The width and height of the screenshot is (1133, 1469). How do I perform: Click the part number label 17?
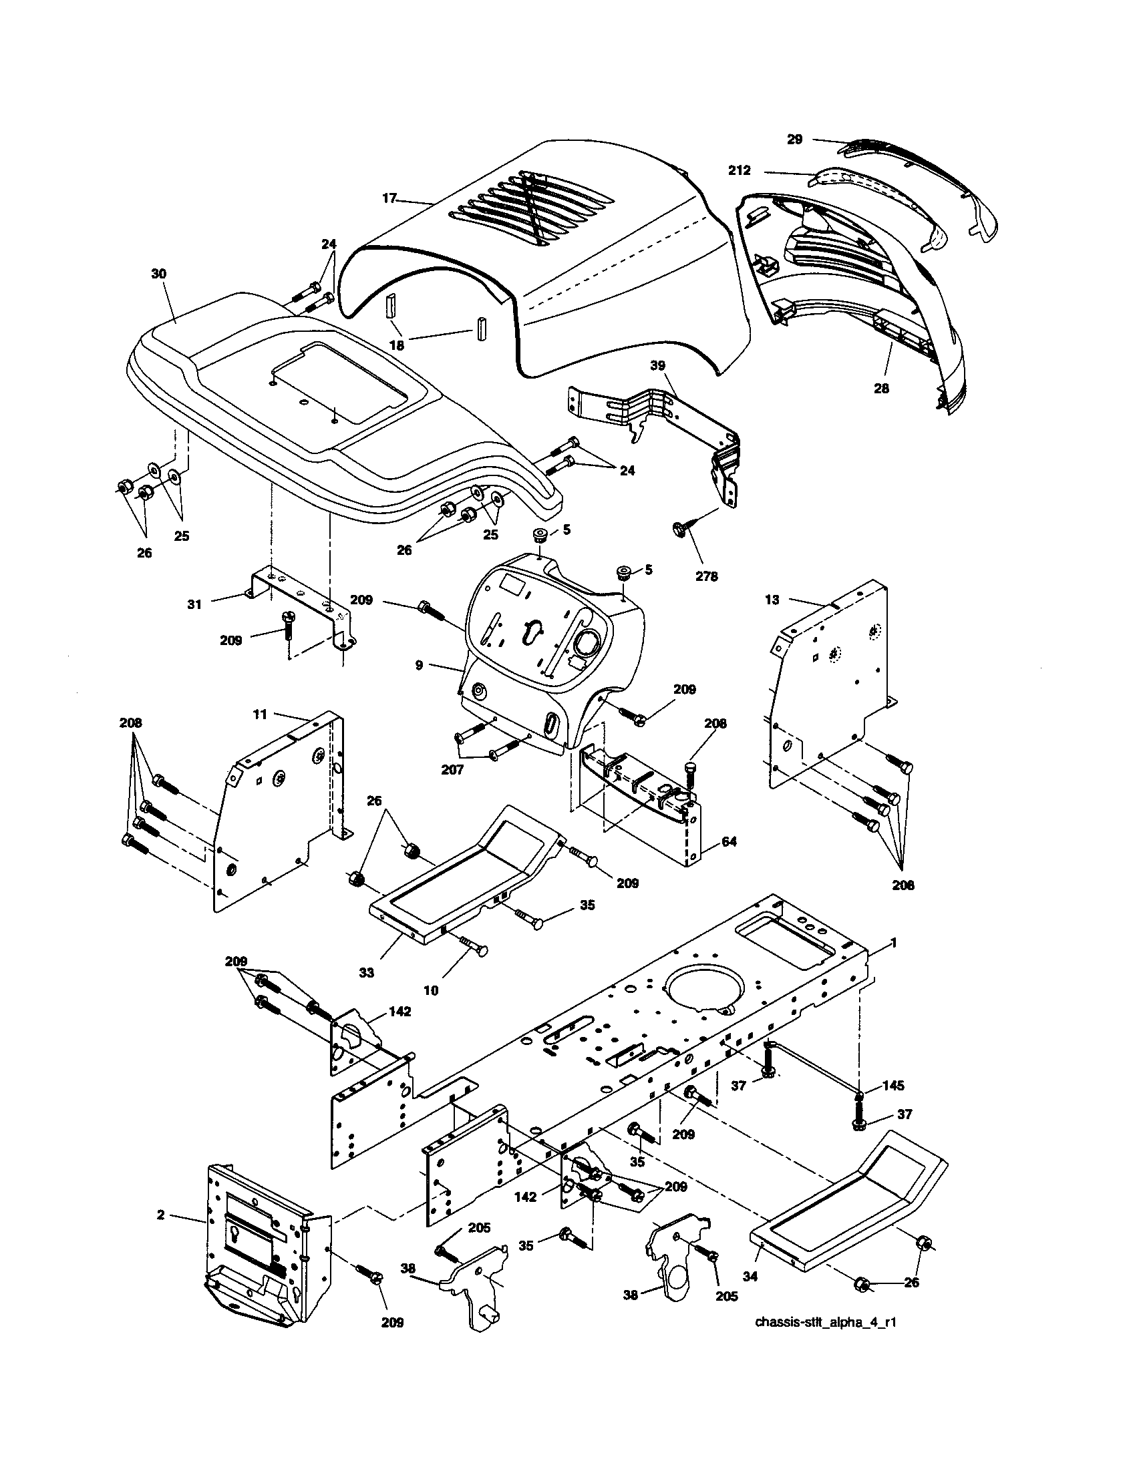389,198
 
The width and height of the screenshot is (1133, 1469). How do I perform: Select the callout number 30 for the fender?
160,274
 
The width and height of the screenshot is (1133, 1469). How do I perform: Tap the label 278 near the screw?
706,576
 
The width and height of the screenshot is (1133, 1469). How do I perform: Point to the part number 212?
739,171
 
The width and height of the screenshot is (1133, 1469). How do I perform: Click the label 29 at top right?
794,140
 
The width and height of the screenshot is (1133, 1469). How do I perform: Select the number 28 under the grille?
880,388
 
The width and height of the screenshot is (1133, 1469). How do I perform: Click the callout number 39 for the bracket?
657,365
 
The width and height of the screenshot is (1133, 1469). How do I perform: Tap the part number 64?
728,841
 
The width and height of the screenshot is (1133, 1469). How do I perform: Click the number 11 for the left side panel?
261,714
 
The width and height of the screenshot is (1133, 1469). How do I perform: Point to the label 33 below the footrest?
366,973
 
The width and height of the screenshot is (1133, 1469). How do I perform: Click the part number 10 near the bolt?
431,991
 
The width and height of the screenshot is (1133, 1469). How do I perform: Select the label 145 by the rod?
893,1086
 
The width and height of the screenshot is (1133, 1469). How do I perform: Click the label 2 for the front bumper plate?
160,1215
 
